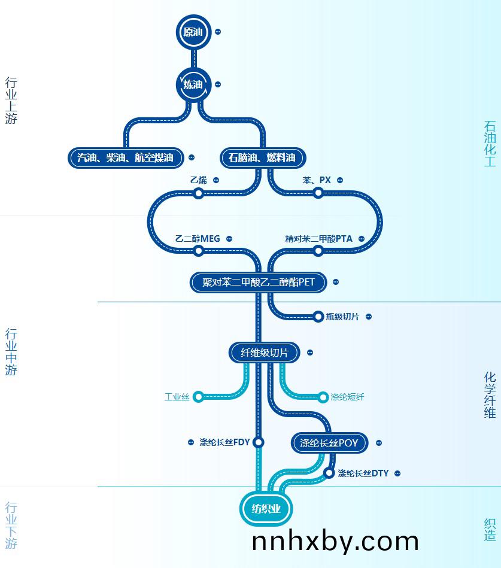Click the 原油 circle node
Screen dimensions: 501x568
tap(193, 32)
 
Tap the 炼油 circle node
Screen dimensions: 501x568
tap(193, 85)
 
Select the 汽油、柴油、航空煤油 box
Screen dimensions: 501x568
tap(126, 158)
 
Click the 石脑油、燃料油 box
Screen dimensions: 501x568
tap(263, 158)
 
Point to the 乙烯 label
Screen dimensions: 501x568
tap(199, 180)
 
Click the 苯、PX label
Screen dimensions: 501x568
tap(317, 180)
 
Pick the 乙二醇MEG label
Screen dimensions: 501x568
tap(198, 239)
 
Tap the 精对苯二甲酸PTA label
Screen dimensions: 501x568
tap(319, 239)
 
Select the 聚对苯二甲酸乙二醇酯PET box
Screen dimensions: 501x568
tap(259, 282)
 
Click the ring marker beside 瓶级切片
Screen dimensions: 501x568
tap(318, 317)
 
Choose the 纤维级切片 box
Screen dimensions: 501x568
tap(265, 353)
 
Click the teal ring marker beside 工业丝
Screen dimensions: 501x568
tap(198, 397)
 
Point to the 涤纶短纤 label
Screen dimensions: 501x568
tap(347, 397)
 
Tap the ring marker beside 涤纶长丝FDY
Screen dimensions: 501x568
tap(259, 442)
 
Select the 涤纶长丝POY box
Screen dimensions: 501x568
tap(329, 443)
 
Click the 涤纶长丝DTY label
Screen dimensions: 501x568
tap(363, 473)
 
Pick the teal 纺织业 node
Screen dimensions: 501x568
tap(266, 509)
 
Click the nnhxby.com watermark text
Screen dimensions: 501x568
tap(335, 542)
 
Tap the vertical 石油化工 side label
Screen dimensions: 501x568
tap(490, 144)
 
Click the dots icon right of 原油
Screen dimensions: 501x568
tap(218, 32)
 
